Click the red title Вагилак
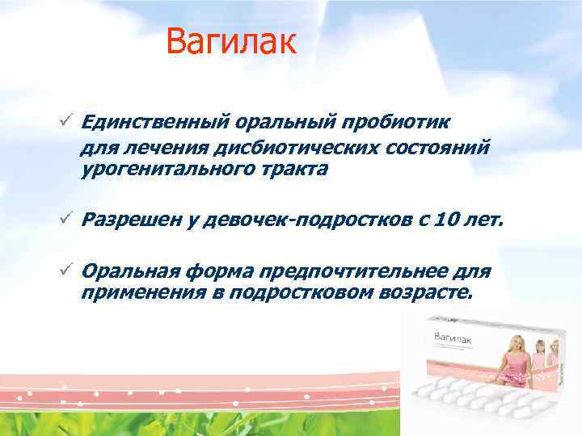[232, 43]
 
